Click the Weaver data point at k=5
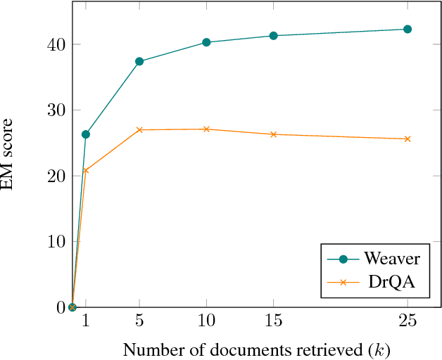pos(139,61)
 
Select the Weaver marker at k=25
pos(407,29)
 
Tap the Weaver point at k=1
pos(86,134)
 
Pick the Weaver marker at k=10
pos(206,42)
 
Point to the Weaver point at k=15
pos(273,35)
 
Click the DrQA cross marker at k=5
pos(139,129)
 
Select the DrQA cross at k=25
pos(407,139)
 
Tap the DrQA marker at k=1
pos(86,170)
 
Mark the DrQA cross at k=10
pos(206,129)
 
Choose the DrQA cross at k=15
pos(273,134)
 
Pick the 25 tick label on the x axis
pos(407,321)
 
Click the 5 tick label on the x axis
pos(139,321)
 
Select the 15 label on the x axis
pos(273,321)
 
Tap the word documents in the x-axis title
pos(220,349)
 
